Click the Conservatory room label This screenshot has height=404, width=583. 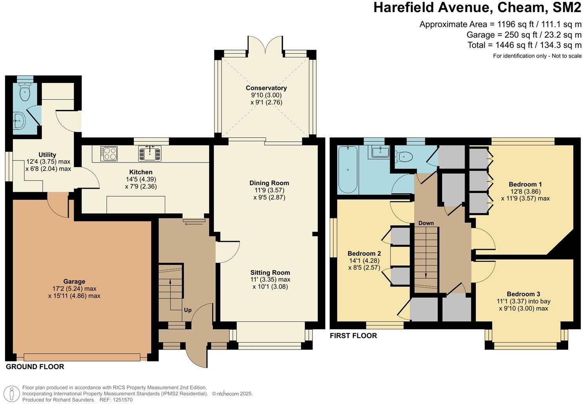(266, 88)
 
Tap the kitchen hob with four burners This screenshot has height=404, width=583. (108, 153)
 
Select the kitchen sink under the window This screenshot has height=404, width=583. (150, 153)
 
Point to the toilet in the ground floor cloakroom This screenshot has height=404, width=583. (25, 92)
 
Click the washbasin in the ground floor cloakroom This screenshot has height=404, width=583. (19, 121)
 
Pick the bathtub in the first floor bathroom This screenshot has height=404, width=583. (348, 170)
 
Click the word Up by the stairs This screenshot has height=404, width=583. (188, 310)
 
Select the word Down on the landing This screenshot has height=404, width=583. (426, 223)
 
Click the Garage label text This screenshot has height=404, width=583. (74, 281)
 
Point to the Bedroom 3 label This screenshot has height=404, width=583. (523, 294)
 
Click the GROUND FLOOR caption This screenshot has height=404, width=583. (35, 367)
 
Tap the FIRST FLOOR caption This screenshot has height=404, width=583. (353, 336)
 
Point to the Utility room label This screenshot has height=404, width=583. (47, 155)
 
